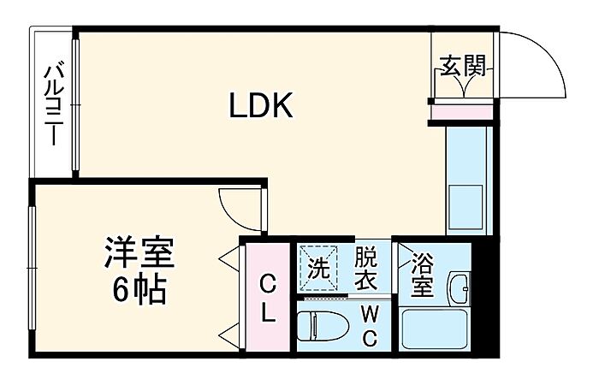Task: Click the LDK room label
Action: [x=261, y=106]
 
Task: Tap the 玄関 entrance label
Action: [x=463, y=66]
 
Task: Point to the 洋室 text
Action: [x=139, y=255]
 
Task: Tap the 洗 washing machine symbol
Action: [x=318, y=268]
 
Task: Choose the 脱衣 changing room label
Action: [x=365, y=268]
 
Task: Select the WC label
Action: [x=369, y=325]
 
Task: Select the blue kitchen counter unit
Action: [x=468, y=180]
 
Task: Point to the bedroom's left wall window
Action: [x=32, y=266]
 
